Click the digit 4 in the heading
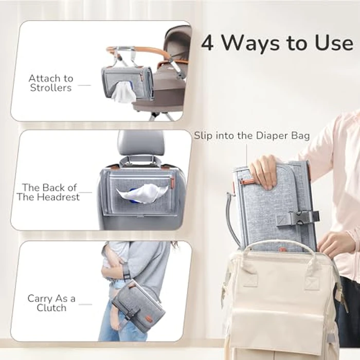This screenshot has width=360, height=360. coord(208,43)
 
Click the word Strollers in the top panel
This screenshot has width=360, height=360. coord(51,87)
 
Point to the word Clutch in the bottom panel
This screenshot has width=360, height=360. coord(51,308)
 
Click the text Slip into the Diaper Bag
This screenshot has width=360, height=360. coord(251,136)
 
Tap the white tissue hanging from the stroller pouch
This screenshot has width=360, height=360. coord(122,94)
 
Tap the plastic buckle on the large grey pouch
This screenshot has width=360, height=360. coord(298,218)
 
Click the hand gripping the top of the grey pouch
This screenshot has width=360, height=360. coord(265,171)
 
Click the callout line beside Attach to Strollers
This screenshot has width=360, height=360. coord(84,85)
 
